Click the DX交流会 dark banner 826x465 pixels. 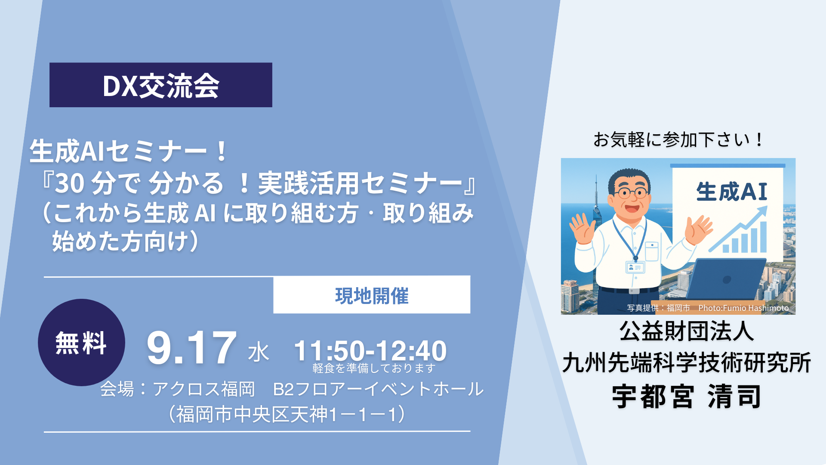(160, 85)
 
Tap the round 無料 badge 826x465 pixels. (81, 343)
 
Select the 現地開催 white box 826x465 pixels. (372, 295)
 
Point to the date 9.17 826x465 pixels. (191, 348)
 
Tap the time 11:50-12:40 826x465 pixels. (370, 350)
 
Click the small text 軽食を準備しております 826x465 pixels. (373, 368)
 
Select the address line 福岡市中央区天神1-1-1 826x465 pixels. (287, 414)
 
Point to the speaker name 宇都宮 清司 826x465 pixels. (687, 397)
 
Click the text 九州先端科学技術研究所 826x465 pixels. (687, 363)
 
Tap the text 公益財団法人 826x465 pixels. (687, 332)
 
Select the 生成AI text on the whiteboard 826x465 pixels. (732, 192)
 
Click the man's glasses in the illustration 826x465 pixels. (631, 192)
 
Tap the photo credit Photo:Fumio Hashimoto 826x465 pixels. (743, 308)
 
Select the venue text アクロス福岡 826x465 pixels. (203, 389)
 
